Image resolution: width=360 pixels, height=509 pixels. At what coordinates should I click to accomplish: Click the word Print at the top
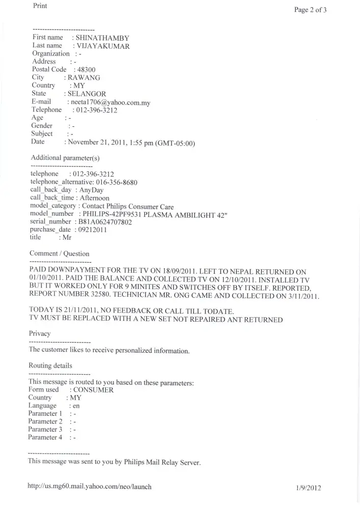pos(40,6)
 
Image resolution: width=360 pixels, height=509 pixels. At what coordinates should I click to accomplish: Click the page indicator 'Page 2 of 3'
pos(310,10)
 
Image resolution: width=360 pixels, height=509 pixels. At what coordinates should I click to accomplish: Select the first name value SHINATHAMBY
pos(102,38)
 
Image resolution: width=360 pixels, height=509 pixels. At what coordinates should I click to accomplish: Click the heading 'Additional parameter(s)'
pos(65,158)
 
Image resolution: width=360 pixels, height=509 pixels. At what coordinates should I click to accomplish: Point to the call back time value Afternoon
pos(94,198)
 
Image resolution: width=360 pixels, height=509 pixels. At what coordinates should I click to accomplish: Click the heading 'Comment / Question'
pos(59,253)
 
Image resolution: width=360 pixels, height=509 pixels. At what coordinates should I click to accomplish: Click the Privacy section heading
pos(40,333)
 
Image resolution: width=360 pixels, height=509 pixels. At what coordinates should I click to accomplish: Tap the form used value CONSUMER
pos(94,390)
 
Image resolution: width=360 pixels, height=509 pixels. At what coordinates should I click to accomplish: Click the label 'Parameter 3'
pos(45,430)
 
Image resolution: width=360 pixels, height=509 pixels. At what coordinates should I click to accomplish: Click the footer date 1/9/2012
pos(308,488)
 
